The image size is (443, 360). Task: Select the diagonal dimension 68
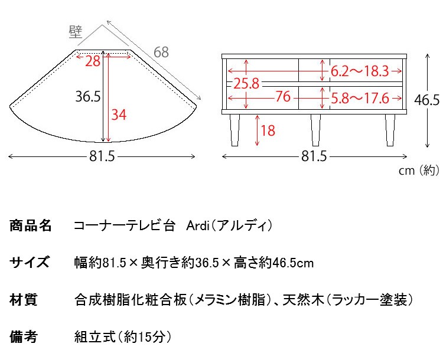click(161, 52)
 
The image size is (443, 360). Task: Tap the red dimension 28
click(92, 61)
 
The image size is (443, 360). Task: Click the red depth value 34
click(119, 115)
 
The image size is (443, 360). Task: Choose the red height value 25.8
click(246, 83)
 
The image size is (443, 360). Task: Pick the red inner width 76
click(283, 97)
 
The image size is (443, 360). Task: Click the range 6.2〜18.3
click(359, 71)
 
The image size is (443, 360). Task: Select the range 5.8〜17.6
click(359, 97)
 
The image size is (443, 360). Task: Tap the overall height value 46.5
click(426, 100)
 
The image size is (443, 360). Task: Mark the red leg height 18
click(268, 130)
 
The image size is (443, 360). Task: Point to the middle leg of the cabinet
click(315, 130)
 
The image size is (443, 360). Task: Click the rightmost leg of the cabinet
click(390, 130)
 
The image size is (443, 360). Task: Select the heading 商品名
click(31, 226)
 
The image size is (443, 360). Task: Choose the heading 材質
click(24, 300)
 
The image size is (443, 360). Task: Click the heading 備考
click(24, 338)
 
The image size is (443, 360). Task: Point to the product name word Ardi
click(198, 226)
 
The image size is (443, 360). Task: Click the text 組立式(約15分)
click(123, 338)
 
